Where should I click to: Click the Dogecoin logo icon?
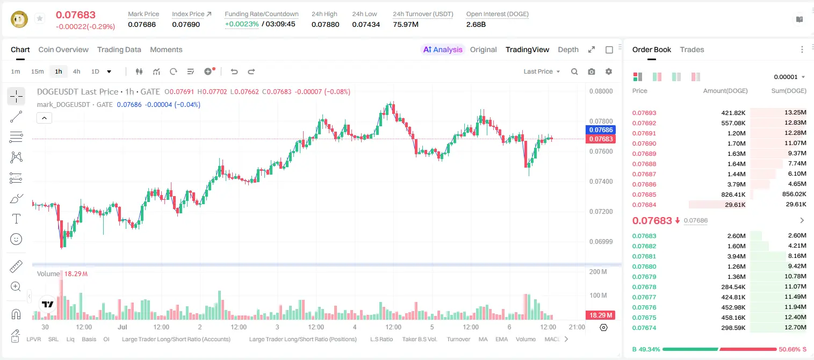19,19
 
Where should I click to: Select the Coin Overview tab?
63,49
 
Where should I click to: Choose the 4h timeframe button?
76,71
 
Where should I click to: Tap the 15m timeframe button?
38,71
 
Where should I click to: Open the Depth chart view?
568,49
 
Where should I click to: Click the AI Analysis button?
443,49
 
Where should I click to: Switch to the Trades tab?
692,49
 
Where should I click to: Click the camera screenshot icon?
592,71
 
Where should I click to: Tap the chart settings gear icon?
609,71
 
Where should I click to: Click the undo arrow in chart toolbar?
234,71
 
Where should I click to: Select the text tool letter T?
16,219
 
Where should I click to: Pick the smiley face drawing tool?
16,239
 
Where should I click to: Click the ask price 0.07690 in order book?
644,143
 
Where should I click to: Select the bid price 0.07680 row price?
644,267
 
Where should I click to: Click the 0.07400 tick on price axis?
601,181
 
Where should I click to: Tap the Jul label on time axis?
123,327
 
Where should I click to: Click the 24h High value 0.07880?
325,24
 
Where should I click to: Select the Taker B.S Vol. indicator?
419,339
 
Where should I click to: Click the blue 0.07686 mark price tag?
601,129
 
